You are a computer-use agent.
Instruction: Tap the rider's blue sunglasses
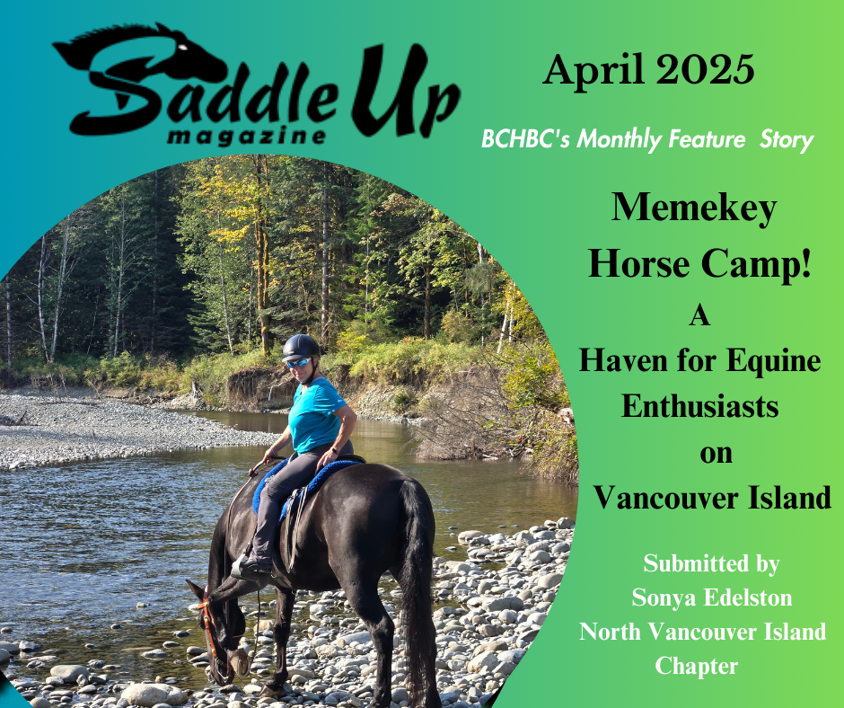299,363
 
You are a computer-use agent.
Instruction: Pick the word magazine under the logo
247,137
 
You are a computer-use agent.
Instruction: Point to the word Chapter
697,667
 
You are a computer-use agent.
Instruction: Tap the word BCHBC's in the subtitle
525,139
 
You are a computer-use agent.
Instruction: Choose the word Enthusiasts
700,406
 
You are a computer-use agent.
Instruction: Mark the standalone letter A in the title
699,315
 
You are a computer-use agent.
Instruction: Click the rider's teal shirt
315,415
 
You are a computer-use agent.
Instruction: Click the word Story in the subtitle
787,141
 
